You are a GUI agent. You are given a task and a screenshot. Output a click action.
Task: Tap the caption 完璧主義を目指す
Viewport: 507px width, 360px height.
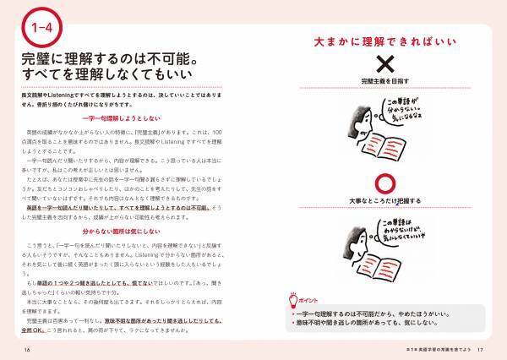(361, 82)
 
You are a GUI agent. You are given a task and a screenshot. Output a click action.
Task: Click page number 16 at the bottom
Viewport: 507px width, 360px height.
(27, 349)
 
